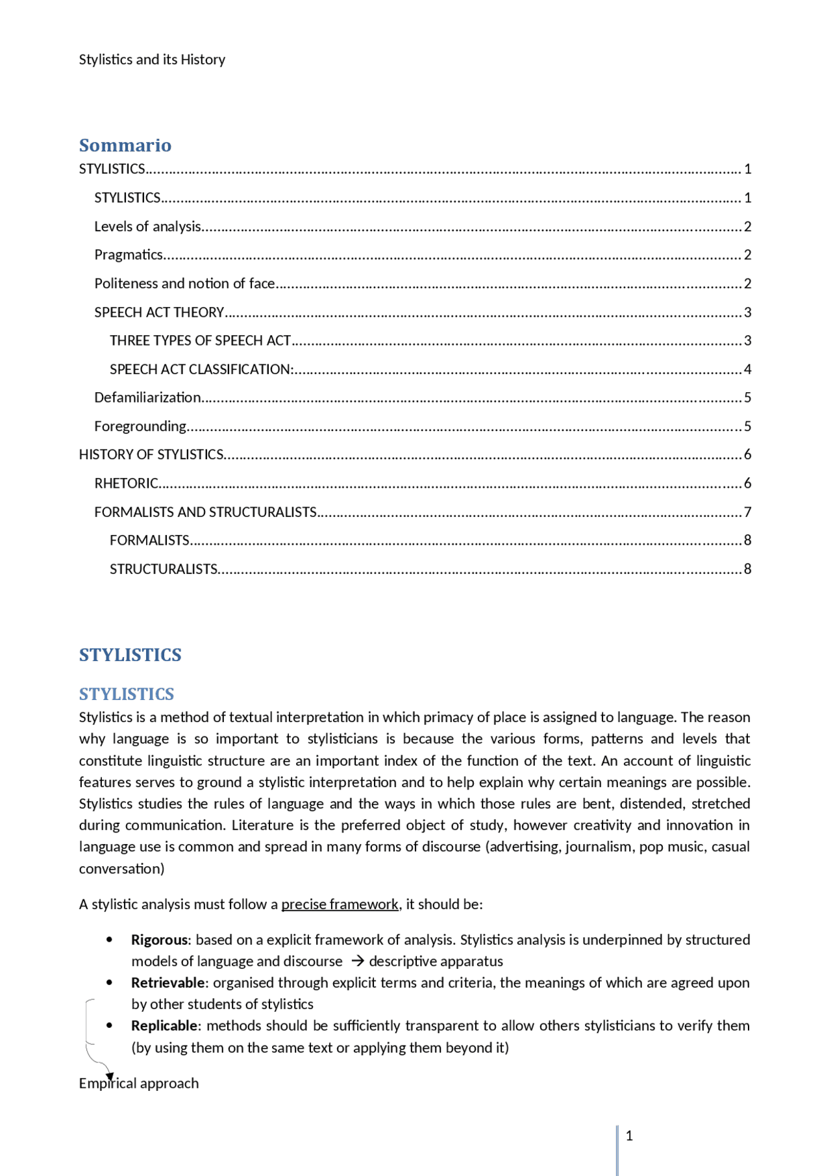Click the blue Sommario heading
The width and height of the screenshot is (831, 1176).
point(125,145)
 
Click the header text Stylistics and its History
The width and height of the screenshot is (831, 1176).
point(152,59)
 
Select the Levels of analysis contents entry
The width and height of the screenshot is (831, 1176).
point(147,226)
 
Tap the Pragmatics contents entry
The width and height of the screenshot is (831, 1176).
point(129,255)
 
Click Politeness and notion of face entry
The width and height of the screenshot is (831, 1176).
point(184,283)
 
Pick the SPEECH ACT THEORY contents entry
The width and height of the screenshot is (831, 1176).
point(159,312)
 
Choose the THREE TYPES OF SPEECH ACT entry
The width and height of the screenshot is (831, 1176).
point(200,340)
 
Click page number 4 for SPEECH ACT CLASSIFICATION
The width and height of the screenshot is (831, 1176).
point(747,369)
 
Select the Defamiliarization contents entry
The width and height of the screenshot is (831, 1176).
point(147,397)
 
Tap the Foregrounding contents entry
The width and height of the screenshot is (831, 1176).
point(140,426)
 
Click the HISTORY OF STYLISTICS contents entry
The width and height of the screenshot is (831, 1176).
point(151,455)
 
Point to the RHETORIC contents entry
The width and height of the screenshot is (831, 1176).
point(126,483)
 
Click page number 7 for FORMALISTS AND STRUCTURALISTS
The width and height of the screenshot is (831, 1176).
point(747,512)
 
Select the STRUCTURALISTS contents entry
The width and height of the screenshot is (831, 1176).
point(163,569)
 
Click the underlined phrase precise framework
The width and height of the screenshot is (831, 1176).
point(340,904)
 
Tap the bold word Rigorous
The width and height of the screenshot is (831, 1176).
point(159,940)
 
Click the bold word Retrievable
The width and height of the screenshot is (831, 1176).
point(167,982)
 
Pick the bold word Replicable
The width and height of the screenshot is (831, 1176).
point(164,1025)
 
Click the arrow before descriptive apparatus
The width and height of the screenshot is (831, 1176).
point(357,961)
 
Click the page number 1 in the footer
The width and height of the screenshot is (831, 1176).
point(628,1135)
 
